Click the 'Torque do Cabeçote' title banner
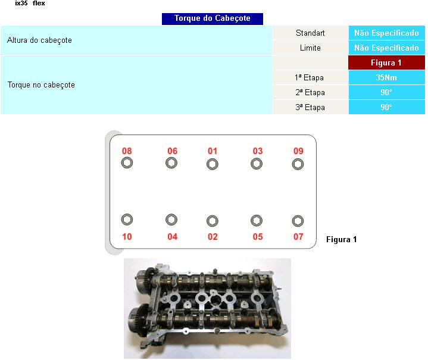213,19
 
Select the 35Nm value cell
386,77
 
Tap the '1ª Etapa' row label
310,77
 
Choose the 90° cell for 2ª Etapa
386,92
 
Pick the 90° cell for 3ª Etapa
386,107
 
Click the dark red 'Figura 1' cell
386,62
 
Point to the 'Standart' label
310,33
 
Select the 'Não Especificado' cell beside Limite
386,48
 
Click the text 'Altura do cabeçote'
39,40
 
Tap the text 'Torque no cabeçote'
41,85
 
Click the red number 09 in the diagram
298,151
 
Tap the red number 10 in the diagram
127,237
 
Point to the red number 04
173,237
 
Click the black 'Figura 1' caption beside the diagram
342,240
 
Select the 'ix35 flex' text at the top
30,4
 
